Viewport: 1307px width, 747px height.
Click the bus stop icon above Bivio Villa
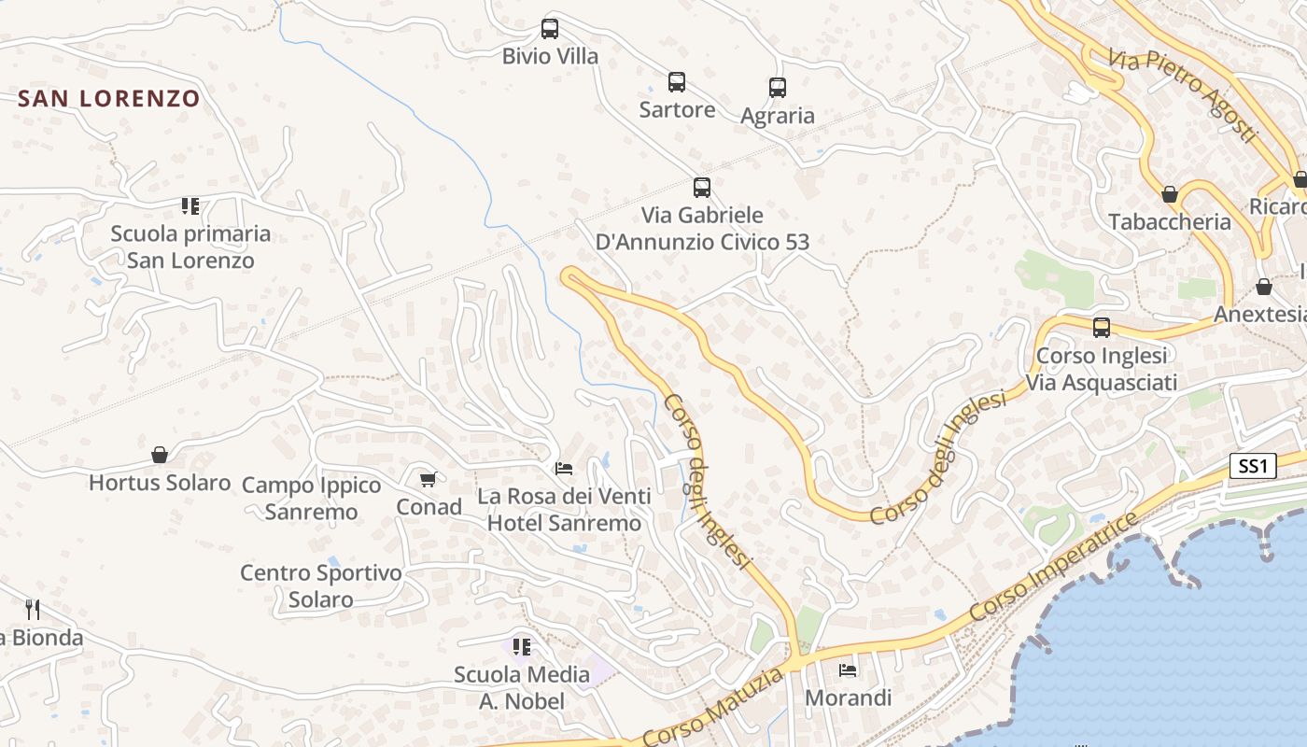coord(550,29)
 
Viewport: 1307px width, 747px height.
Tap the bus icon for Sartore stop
coord(677,82)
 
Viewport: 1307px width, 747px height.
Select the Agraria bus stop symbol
coord(778,88)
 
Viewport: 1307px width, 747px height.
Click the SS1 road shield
coord(1252,466)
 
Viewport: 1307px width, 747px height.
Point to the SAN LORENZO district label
coord(109,98)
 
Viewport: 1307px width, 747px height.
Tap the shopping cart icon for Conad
coord(429,479)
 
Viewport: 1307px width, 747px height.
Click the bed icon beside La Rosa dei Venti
coord(564,468)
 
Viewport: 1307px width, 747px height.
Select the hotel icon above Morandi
coord(848,669)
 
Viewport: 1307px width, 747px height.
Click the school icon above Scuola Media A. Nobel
coord(521,646)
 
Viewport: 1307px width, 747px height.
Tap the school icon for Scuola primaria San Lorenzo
coord(190,205)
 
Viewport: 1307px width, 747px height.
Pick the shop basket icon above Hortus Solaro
coord(160,455)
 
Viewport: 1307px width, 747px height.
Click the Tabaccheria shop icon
coord(1169,194)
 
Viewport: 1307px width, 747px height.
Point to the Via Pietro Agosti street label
coord(1183,95)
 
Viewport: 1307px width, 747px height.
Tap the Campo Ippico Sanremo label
coord(311,498)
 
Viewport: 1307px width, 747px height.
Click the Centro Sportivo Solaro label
coord(320,585)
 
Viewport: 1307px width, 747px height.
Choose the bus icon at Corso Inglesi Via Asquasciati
coord(1102,328)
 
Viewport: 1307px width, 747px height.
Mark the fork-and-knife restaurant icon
coord(33,610)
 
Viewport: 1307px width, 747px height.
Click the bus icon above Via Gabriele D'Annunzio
coord(702,188)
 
